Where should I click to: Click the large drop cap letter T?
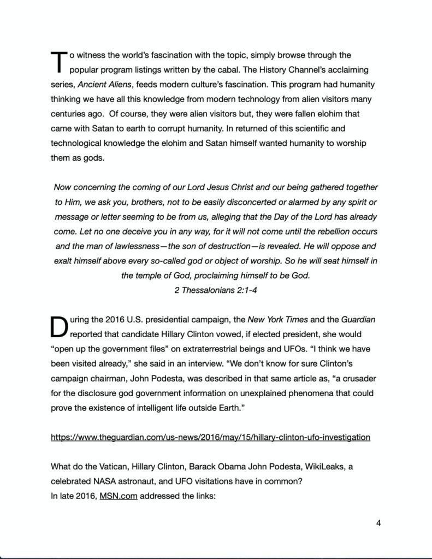click(x=58, y=62)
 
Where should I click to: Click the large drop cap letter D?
click(x=59, y=326)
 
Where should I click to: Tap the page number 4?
click(x=378, y=523)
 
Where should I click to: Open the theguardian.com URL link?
click(x=210, y=437)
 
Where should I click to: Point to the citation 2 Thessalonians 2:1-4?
click(x=216, y=290)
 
